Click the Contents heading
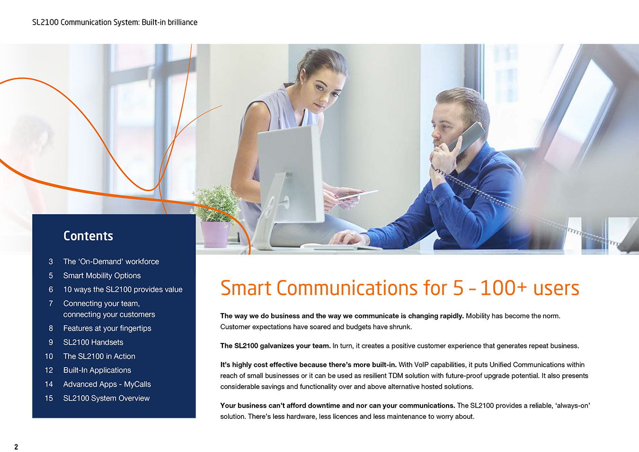pos(88,236)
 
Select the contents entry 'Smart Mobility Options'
pos(102,276)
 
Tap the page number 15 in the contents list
pos(49,398)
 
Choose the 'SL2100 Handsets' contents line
pos(93,342)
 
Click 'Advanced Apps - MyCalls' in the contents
pos(107,384)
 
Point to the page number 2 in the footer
pos(16,447)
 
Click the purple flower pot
pos(215,234)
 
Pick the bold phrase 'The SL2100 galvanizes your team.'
pos(275,346)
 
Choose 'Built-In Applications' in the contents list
pos(97,370)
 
